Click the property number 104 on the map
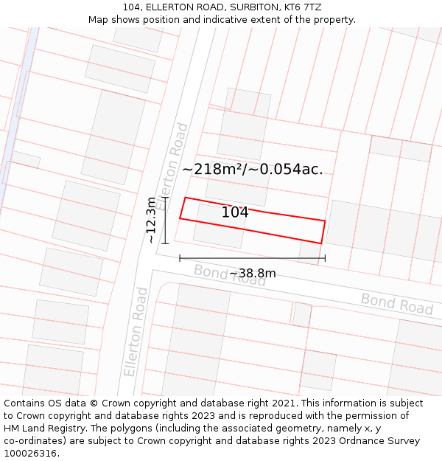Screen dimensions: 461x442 (235, 212)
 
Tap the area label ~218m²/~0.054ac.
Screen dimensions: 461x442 (252, 169)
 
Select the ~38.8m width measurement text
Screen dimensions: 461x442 (252, 274)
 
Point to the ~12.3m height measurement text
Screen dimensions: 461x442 (151, 220)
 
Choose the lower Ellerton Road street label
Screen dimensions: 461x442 (136, 332)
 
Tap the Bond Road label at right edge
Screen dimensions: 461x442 (396, 303)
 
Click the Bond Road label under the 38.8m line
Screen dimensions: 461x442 (229, 275)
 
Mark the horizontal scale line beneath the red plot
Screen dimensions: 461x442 (252, 258)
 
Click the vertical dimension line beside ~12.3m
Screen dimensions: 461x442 (166, 220)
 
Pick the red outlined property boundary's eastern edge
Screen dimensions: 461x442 (323, 232)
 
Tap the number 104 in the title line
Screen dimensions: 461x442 (130, 7)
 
